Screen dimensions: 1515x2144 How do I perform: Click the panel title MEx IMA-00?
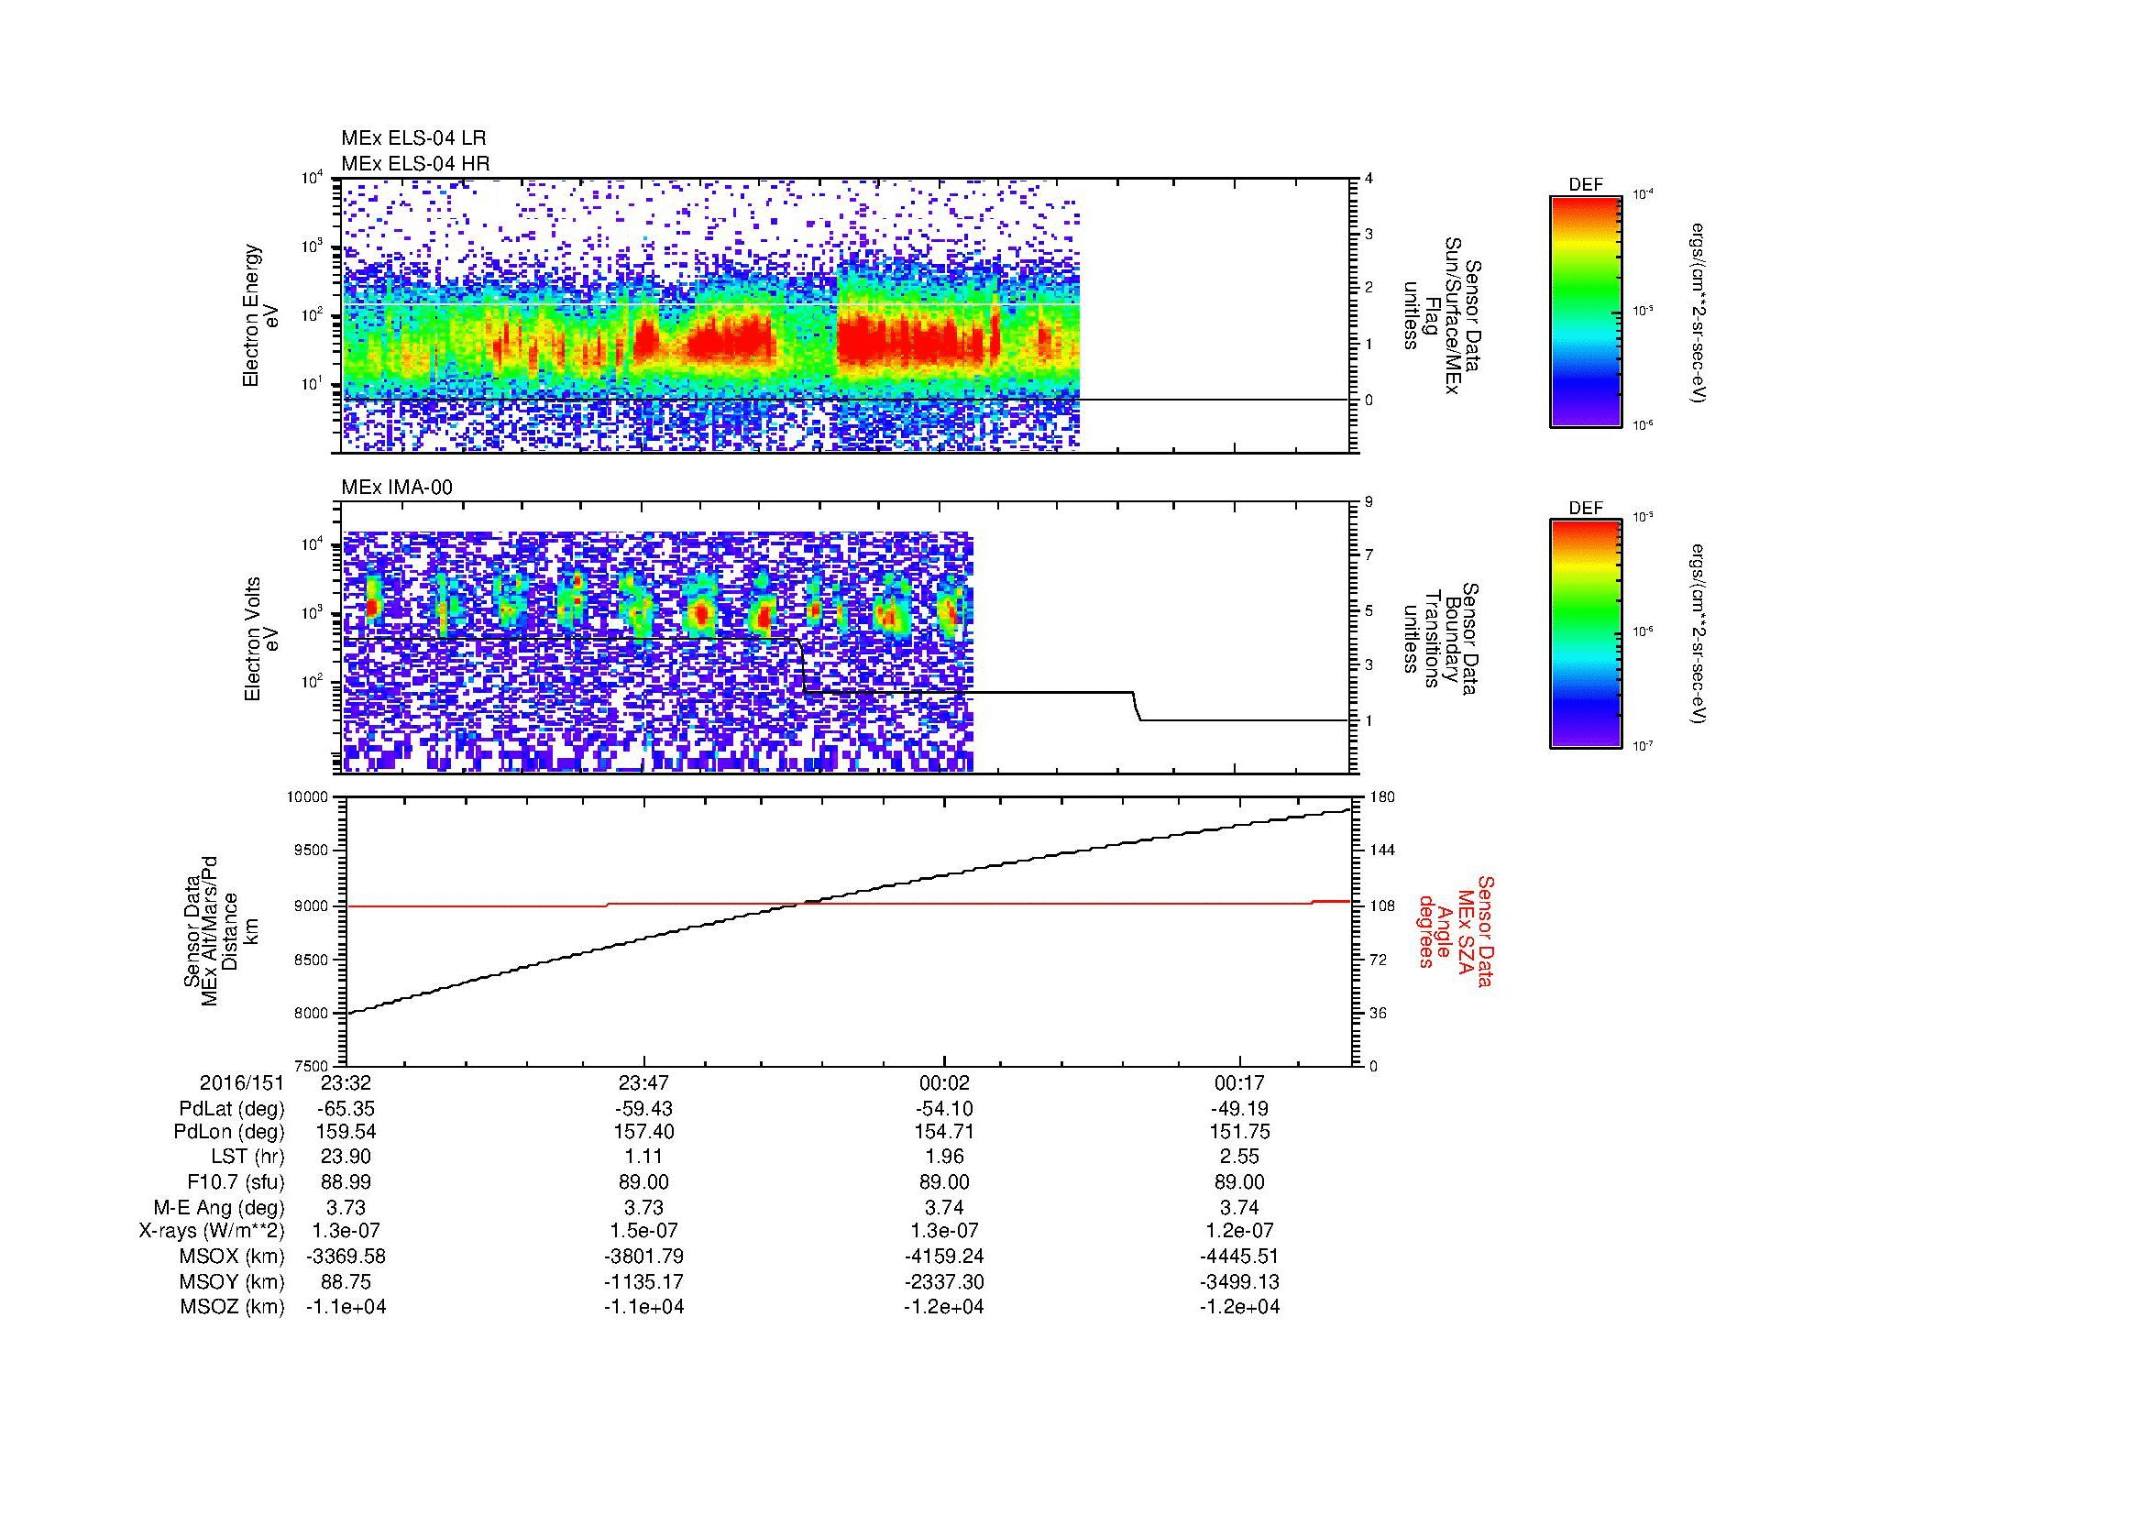coord(397,488)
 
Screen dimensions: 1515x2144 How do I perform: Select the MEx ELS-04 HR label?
coord(414,164)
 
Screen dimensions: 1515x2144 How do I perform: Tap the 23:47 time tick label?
coord(644,1083)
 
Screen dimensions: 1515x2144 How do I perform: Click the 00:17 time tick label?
coord(1239,1083)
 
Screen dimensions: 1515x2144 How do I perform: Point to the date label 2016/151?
coord(241,1083)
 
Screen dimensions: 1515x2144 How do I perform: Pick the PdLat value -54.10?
coord(943,1109)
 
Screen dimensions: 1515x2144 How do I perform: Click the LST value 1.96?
coord(943,1158)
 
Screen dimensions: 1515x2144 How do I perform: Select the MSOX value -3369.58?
coord(346,1257)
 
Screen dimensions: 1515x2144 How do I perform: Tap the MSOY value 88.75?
coord(346,1281)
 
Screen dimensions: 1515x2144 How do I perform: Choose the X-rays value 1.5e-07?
coord(644,1231)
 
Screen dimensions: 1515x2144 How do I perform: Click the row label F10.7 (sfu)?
coord(232,1182)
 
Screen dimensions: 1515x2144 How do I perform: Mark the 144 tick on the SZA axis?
coord(1380,851)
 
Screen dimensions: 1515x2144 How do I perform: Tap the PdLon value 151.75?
coord(1239,1132)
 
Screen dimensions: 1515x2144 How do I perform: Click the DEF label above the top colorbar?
coord(1585,185)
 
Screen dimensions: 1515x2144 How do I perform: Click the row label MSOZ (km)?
coord(232,1307)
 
